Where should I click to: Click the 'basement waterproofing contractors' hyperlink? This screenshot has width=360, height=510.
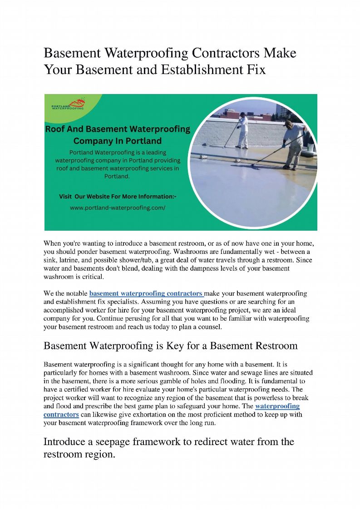[x=146, y=293]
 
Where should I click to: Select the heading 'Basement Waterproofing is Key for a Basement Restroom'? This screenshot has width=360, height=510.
[x=170, y=346]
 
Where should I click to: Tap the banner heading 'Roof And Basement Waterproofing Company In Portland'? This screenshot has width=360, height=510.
[x=118, y=135]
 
